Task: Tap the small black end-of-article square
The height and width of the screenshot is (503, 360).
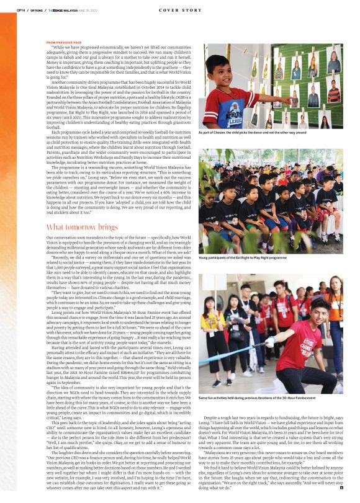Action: (x=341, y=489)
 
